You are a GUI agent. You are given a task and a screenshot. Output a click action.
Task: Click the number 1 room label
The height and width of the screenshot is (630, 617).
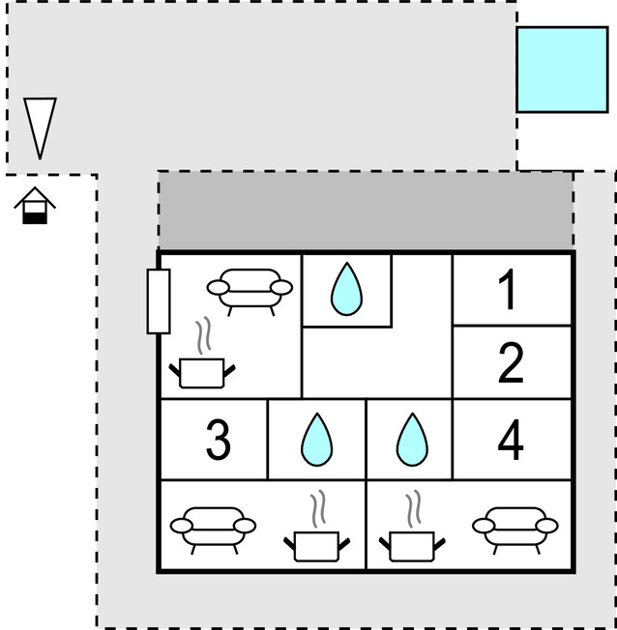pyautogui.click(x=507, y=290)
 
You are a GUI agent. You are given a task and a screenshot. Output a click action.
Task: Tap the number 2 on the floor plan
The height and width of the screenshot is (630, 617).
pyautogui.click(x=511, y=363)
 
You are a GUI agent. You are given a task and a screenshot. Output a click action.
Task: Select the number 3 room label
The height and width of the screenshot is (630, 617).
pyautogui.click(x=219, y=441)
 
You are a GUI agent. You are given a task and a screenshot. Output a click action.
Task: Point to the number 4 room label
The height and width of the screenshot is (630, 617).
pyautogui.click(x=510, y=441)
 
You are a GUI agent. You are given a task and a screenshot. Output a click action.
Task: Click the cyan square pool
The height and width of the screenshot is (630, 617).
pyautogui.click(x=562, y=70)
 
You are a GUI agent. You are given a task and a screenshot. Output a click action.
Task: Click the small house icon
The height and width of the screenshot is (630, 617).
pyautogui.click(x=36, y=205)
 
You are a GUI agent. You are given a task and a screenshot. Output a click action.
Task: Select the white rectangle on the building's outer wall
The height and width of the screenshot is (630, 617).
pyautogui.click(x=159, y=301)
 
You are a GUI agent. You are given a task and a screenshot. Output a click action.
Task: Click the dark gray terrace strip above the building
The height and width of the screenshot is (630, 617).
pyautogui.click(x=366, y=211)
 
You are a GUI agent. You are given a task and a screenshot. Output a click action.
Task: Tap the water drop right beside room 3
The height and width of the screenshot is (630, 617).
pyautogui.click(x=316, y=441)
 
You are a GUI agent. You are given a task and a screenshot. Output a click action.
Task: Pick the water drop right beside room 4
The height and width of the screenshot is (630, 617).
pyautogui.click(x=411, y=441)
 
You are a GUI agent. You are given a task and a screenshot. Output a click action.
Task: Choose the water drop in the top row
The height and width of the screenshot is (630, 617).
pyautogui.click(x=345, y=289)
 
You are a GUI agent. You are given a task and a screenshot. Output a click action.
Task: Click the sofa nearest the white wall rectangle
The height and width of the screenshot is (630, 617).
pyautogui.click(x=250, y=288)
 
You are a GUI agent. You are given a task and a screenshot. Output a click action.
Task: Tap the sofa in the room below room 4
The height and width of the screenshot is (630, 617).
pyautogui.click(x=515, y=527)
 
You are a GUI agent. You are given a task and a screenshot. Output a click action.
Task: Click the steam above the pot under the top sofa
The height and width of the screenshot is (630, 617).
pyautogui.click(x=202, y=336)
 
